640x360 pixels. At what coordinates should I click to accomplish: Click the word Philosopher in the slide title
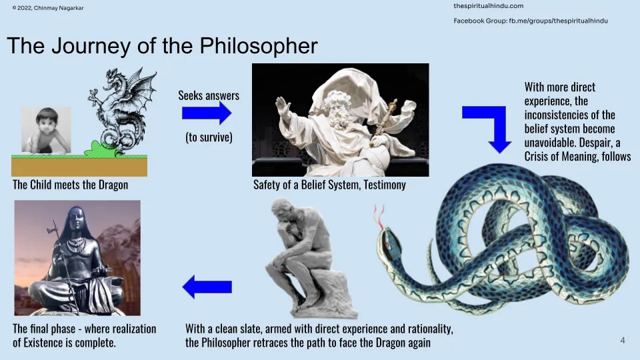(x=259, y=46)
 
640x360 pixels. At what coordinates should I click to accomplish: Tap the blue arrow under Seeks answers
(x=207, y=113)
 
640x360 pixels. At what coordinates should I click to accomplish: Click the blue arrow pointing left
(x=207, y=287)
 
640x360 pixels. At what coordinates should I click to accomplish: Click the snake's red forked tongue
(x=379, y=215)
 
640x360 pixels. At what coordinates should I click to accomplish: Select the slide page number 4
(x=623, y=341)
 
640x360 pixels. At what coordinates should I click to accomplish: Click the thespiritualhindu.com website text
(x=488, y=6)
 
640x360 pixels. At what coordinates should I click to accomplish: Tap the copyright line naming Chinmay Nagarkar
(x=48, y=8)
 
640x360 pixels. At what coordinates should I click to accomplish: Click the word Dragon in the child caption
(x=113, y=185)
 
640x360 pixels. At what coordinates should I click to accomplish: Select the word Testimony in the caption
(x=385, y=185)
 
